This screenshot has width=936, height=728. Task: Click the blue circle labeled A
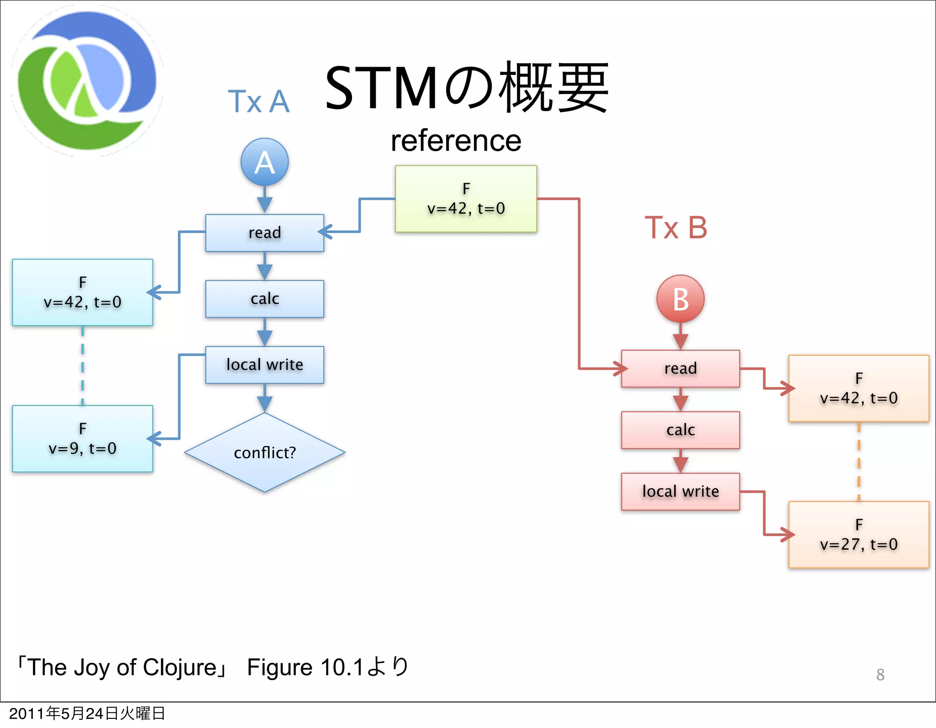[x=265, y=162]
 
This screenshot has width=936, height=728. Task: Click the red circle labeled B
[x=680, y=299]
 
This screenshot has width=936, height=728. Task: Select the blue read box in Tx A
[x=265, y=233]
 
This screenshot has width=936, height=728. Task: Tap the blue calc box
[x=265, y=298]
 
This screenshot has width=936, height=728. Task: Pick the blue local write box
[x=265, y=365]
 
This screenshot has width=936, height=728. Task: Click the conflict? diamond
[x=265, y=452]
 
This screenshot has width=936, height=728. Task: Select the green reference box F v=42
[x=466, y=199]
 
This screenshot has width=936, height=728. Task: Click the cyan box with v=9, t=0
[x=82, y=439]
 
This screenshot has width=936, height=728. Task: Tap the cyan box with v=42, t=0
[x=82, y=292]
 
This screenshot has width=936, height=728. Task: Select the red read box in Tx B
[x=680, y=368]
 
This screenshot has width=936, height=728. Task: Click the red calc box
[x=680, y=430]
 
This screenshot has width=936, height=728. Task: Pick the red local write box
[x=680, y=491]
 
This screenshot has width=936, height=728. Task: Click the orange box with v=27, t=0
[x=858, y=535]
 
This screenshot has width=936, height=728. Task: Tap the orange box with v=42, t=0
[x=858, y=388]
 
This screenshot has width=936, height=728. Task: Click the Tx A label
[x=259, y=101]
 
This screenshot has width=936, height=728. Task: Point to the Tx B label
[x=675, y=228]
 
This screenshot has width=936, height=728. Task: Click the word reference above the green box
[x=456, y=141]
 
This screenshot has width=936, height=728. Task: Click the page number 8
[x=880, y=675]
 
